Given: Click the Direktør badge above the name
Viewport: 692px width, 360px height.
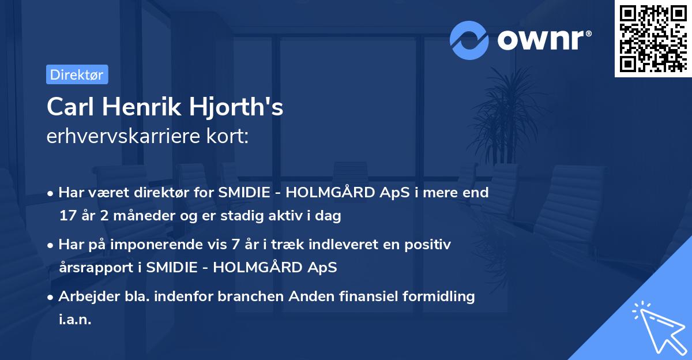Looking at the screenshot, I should [x=77, y=74].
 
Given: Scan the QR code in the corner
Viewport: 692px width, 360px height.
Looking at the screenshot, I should [x=653, y=38].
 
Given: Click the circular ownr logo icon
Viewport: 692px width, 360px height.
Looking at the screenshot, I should [x=469, y=40].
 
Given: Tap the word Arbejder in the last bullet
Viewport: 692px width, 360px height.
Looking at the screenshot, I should [x=84, y=297].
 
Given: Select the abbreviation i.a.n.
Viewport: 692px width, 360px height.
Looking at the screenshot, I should [x=75, y=320].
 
